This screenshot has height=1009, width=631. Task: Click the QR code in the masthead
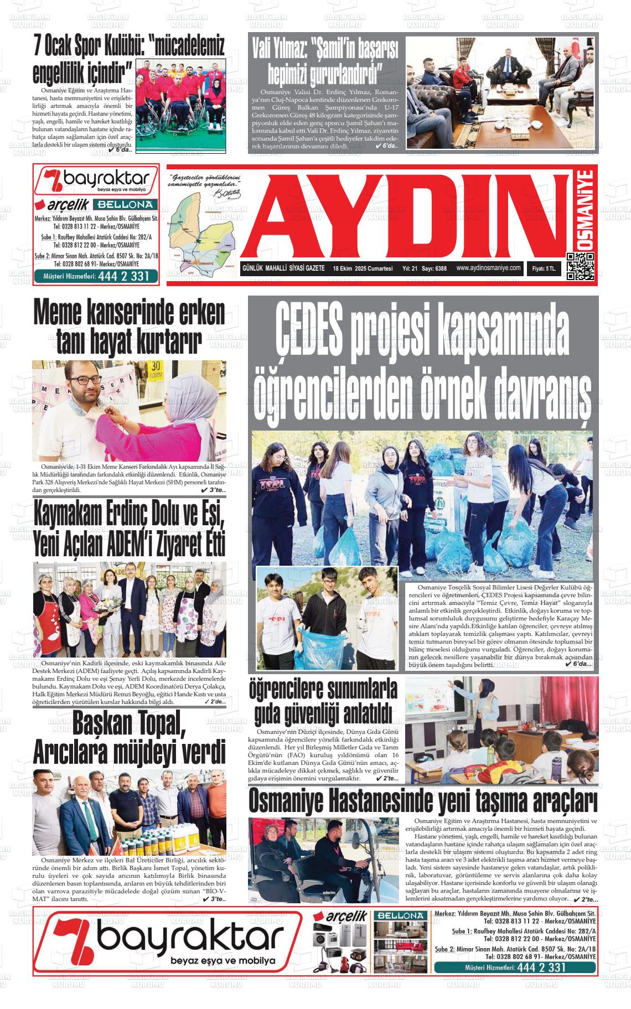click(580, 267)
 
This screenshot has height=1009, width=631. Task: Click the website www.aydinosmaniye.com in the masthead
click(489, 268)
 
